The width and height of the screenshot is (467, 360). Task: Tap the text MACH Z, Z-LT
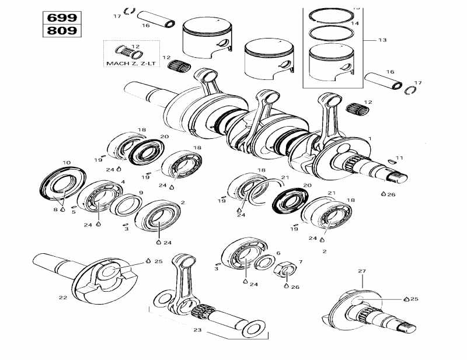(x=131, y=62)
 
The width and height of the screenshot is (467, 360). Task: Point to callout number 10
(x=67, y=163)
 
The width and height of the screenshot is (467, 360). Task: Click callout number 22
(x=62, y=298)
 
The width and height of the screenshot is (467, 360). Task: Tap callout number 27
(x=361, y=271)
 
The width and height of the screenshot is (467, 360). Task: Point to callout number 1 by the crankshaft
(x=370, y=138)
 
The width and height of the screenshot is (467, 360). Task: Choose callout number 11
(x=399, y=158)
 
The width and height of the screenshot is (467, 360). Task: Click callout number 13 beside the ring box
(x=382, y=40)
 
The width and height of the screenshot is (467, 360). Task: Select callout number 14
(x=356, y=23)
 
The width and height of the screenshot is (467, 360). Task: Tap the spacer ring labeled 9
(x=125, y=205)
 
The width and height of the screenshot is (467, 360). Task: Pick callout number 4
(x=123, y=182)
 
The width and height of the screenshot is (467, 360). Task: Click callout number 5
(x=74, y=212)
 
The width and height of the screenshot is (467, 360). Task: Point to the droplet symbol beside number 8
(x=62, y=209)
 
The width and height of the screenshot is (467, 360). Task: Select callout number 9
(x=141, y=193)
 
